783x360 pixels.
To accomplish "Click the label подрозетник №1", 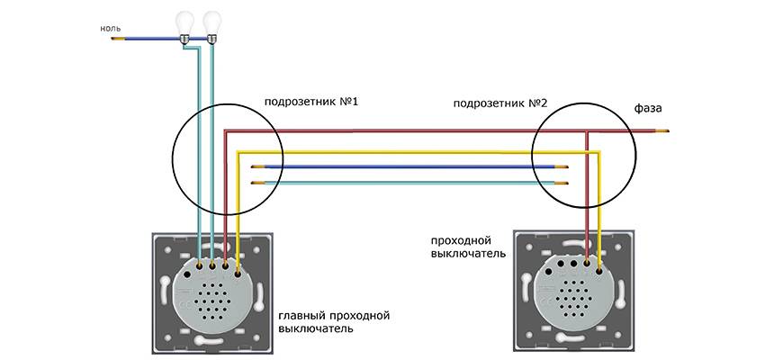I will point(311,101).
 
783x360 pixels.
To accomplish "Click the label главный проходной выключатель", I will point(334,322).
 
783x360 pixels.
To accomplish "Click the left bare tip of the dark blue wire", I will point(256,166).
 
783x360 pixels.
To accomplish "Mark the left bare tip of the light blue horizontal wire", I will point(256,183).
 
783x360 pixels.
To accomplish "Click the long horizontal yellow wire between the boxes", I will point(405,153).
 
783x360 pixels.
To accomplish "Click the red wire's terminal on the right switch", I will point(586,265).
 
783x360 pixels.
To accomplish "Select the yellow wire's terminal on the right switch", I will point(598,265).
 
